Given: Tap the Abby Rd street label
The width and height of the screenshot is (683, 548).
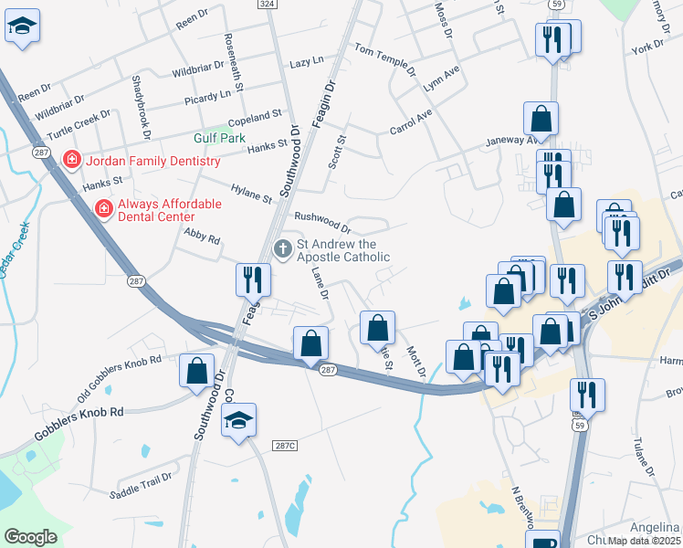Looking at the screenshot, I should point(203,236).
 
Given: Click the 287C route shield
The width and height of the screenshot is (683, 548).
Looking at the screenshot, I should point(285,445).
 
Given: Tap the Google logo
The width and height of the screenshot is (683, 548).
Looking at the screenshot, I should point(30,536).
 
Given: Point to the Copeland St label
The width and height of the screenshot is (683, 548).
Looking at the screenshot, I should point(256,117).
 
